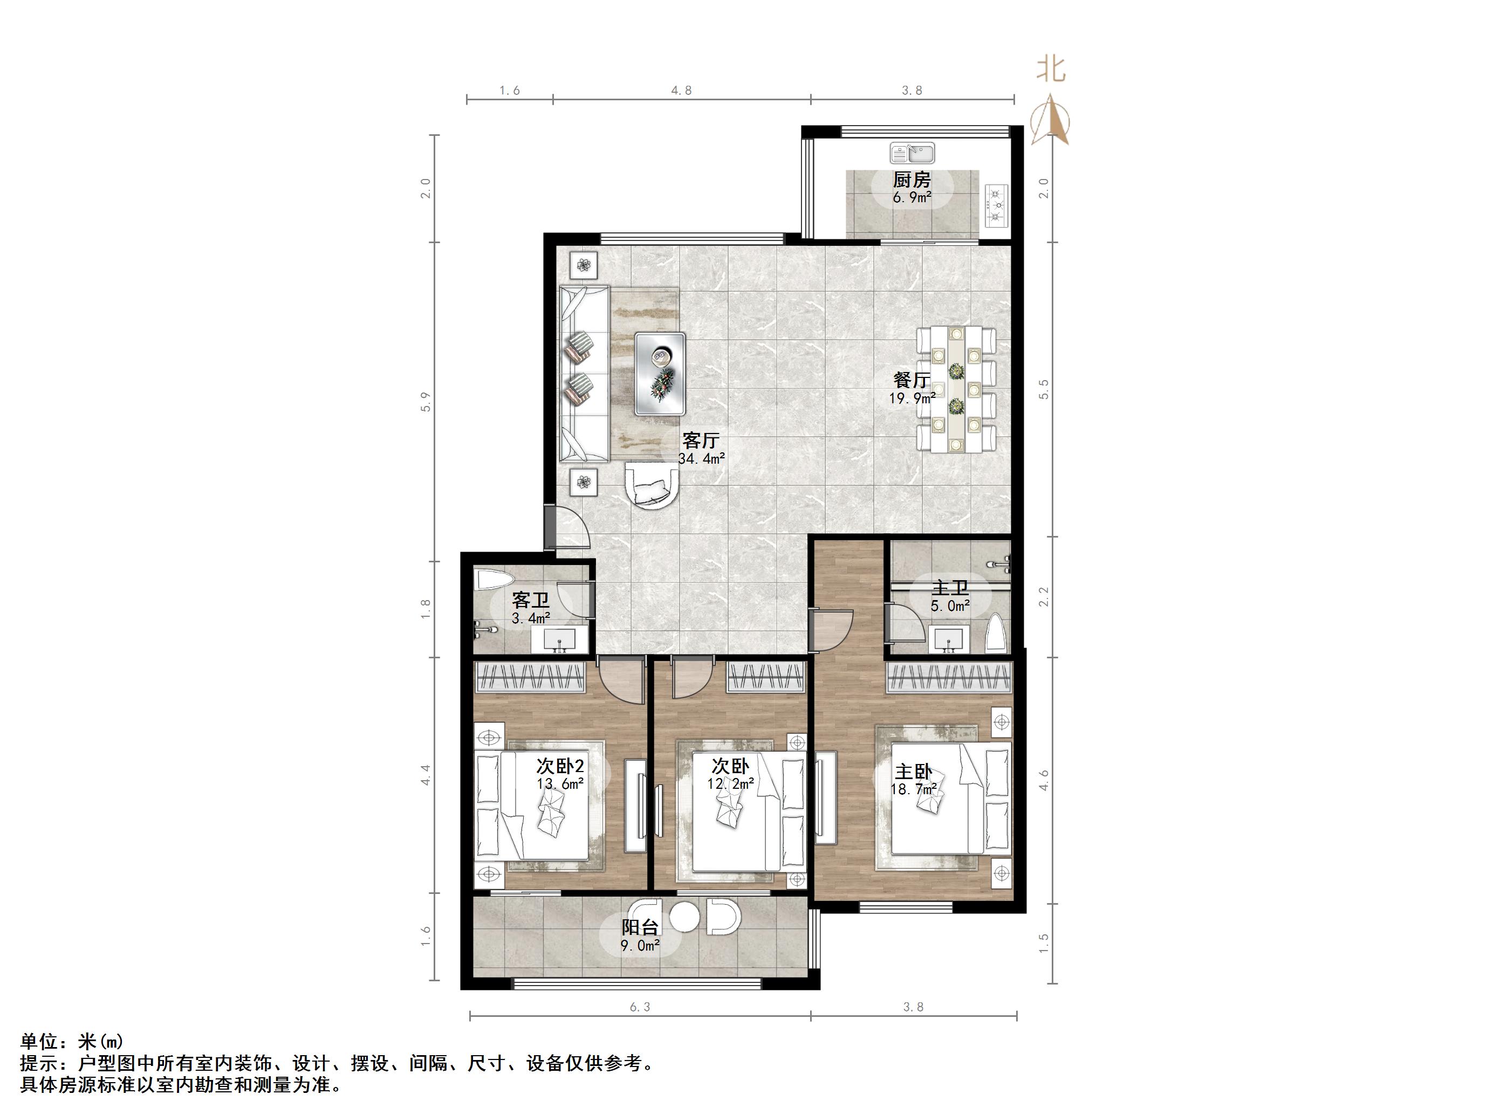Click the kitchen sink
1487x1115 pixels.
[912, 153]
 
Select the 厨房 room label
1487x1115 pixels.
[912, 180]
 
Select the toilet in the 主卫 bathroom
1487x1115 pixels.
[996, 632]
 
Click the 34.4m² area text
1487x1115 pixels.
[701, 458]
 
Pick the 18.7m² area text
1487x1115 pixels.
[913, 789]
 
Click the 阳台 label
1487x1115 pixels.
[639, 927]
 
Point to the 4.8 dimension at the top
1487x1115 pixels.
[681, 90]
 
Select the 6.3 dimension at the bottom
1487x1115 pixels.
[640, 1006]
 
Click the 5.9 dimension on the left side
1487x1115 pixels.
[425, 401]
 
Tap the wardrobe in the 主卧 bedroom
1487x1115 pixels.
[949, 678]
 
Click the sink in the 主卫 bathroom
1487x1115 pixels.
[949, 639]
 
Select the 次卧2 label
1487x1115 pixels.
[559, 766]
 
